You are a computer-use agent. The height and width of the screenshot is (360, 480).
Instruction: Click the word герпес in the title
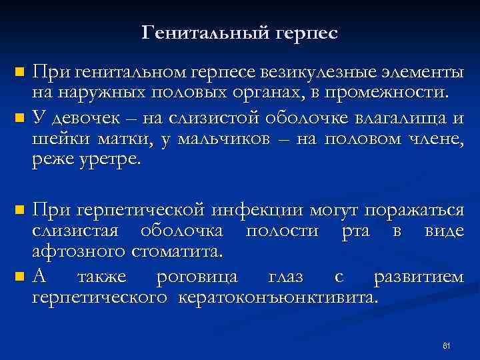pyautogui.click(x=305, y=32)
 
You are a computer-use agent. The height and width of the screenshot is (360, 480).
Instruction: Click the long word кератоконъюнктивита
pyautogui.click(x=278, y=297)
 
